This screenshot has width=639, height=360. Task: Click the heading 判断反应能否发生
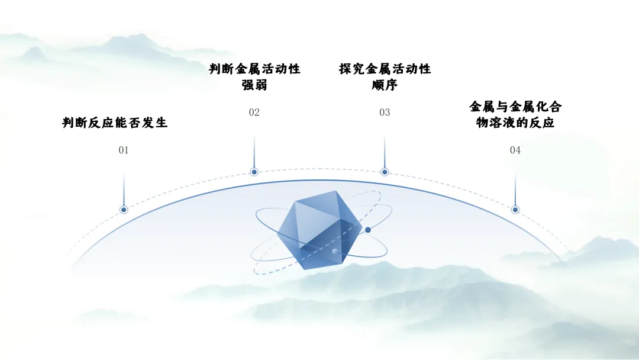tap(115, 123)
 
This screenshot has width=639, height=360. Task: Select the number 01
tap(124, 150)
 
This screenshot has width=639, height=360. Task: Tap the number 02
tap(254, 112)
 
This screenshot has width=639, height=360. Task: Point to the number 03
tap(385, 112)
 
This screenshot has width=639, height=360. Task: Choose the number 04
tap(515, 150)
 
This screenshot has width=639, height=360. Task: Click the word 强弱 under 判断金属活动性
tap(254, 85)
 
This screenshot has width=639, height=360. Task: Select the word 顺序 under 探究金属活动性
tap(385, 85)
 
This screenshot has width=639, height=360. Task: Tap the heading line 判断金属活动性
tap(254, 69)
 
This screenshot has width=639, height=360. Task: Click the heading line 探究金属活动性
tap(385, 69)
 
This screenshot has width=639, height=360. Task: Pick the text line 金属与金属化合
tap(515, 107)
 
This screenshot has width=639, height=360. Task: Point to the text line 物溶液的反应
tap(515, 123)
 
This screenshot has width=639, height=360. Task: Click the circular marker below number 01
tap(124, 210)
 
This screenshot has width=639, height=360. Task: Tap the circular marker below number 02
tap(254, 172)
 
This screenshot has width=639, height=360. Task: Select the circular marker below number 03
tap(385, 172)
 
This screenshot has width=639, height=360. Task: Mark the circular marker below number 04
tap(515, 210)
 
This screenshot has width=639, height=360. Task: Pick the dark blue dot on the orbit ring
tap(368, 230)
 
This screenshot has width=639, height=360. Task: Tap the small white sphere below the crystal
tap(335, 252)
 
